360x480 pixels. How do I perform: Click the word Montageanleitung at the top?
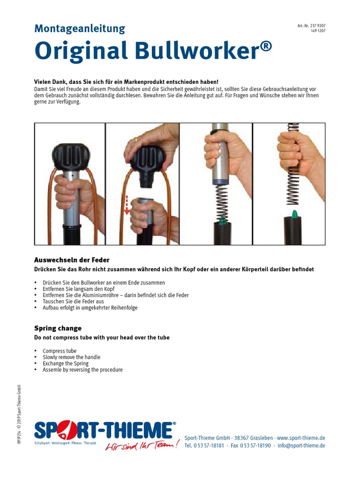[80, 29]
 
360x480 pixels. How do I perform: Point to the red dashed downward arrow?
[127, 202]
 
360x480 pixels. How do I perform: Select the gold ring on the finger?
[136, 139]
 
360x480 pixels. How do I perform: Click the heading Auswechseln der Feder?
[72, 260]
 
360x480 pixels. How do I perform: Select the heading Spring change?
[58, 328]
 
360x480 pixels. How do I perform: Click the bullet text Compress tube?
[60, 351]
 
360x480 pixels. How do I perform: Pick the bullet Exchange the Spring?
[66, 363]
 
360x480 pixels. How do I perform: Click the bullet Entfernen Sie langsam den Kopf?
[78, 289]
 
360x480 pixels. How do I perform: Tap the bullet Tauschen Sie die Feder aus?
[74, 301]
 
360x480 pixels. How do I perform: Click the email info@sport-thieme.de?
[301, 446]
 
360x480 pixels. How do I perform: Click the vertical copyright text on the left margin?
[19, 415]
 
